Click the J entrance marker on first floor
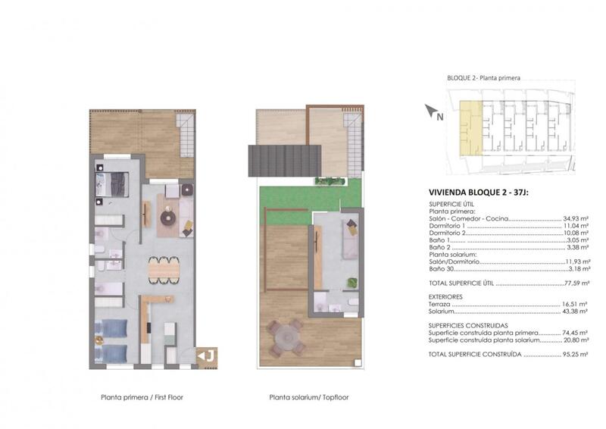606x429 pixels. pos(207,356)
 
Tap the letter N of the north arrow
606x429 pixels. pos(440,116)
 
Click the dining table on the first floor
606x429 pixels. pos(164,269)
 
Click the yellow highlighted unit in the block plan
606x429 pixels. pos(470,128)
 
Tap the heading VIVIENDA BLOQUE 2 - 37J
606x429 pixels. pos(479,193)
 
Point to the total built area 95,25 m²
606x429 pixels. pos(575,354)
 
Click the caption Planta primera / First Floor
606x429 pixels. pos(142,397)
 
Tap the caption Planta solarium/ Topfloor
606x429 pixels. pos(309,397)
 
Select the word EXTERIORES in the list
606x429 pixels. pos(445,296)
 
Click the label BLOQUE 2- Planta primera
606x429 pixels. pos(483,78)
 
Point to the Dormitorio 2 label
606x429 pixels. pos(447,233)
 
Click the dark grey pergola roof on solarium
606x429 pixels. pos(285,161)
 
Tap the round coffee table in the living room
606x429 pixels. pos(168,218)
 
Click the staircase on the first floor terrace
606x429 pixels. pos(185,136)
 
